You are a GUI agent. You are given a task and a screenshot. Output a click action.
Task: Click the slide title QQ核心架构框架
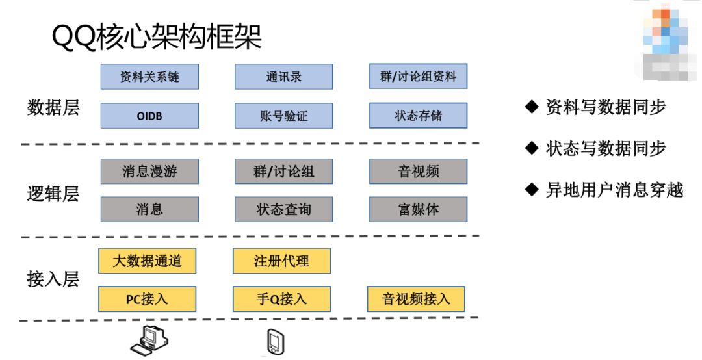[157, 38]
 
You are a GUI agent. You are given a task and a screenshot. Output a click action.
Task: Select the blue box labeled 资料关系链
[149, 77]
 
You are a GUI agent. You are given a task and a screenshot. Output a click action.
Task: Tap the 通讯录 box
[284, 77]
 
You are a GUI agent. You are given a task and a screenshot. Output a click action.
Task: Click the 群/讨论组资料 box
[418, 77]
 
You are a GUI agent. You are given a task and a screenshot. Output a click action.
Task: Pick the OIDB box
[149, 116]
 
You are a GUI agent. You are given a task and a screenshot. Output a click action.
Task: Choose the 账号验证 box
[284, 116]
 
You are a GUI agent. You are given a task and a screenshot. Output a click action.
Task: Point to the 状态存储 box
[418, 116]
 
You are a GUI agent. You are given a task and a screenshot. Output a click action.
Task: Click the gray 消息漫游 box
[149, 171]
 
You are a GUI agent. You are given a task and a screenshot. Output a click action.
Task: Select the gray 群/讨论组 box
[284, 171]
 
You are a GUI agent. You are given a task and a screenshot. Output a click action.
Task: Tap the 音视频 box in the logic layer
[418, 171]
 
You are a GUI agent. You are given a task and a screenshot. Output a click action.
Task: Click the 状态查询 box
[284, 209]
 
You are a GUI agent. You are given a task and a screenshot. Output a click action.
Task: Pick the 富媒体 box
[418, 209]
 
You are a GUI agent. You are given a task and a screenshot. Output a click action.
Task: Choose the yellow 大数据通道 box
[147, 261]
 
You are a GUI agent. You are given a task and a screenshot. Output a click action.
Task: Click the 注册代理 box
[281, 261]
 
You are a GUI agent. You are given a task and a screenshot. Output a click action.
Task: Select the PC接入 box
[147, 299]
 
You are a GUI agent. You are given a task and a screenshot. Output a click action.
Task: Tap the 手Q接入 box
[281, 299]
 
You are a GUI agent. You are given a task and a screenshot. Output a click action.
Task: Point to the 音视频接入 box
[416, 299]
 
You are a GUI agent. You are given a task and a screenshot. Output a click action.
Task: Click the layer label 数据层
[53, 107]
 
